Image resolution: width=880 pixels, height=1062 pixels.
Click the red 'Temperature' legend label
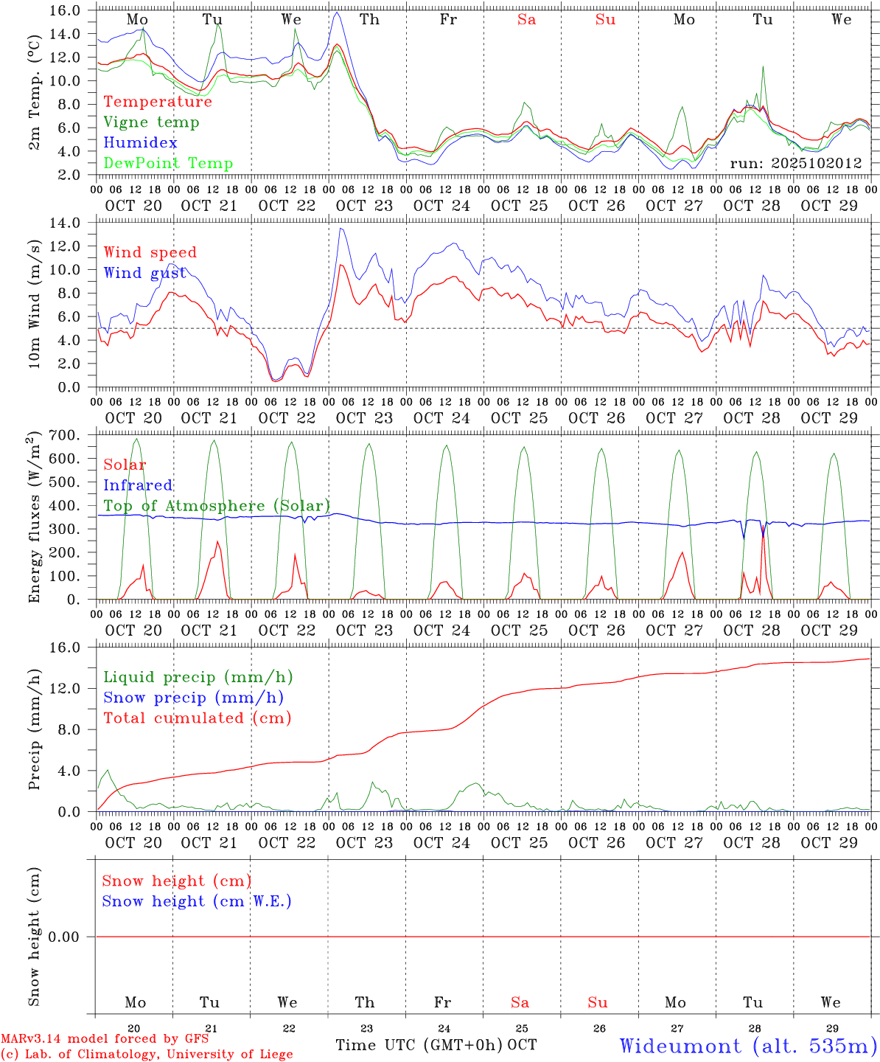coord(157,102)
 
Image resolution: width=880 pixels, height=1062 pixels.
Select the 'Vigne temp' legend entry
coord(151,122)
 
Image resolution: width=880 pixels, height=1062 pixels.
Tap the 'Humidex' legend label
coord(140,143)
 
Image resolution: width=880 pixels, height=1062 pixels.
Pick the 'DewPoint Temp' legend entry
coord(168,164)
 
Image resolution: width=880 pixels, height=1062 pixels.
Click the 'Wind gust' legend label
coord(144,273)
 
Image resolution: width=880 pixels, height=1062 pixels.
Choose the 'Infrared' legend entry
coord(138,485)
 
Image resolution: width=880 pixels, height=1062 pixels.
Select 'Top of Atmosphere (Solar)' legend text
coord(217,506)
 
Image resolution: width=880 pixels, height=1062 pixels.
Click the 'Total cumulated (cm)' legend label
coord(197,718)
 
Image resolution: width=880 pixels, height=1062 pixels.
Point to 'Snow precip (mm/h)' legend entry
coord(193,698)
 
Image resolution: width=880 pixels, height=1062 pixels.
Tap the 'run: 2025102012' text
coord(795,164)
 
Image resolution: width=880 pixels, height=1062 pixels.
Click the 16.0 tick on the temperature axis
coord(68,10)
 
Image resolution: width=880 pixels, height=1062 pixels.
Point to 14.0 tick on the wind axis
coord(68,223)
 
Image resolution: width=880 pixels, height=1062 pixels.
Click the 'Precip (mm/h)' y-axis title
coord(35,729)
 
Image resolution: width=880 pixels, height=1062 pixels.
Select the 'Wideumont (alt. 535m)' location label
coord(748,1046)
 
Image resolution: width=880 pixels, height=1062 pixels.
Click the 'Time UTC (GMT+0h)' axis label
coord(419,1045)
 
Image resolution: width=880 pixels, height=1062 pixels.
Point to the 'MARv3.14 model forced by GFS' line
coord(105,1038)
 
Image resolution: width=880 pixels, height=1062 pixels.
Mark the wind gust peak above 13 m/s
coord(341,229)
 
